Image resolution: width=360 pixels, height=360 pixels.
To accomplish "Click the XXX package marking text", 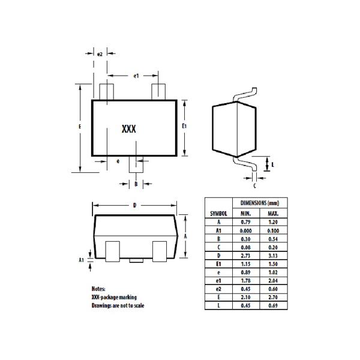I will pos(128,129).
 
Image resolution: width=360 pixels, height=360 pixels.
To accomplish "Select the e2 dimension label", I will pos(100,55).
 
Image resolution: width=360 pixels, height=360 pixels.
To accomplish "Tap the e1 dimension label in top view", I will pos(136,76).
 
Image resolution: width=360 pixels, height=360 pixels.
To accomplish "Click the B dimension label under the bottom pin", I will pos(136,184).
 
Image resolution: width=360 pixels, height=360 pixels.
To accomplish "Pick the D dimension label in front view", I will pos(134,205).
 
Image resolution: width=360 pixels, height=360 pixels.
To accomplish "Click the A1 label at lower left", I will pos(82,260).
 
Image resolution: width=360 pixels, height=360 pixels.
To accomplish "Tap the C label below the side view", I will pos(254,186).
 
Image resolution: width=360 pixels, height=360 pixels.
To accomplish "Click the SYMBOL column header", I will pos(218,214).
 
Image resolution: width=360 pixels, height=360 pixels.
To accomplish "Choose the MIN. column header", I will pos(246,214).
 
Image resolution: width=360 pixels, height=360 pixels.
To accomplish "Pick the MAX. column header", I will pos(273,214).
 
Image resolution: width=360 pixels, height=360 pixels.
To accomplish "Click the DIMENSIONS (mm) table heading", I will pos(260,203).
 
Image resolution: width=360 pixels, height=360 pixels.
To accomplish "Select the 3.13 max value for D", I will pos(273,256).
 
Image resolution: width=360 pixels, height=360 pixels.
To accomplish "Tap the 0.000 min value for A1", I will pos(246,230).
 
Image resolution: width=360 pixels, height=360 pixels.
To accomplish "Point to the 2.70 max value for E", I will pos(273,298).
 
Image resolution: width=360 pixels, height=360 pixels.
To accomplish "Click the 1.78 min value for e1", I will pos(246,281).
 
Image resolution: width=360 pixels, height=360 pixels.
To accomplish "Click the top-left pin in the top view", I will pos(107,92).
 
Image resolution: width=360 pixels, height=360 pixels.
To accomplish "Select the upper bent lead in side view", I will pos(246,94).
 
